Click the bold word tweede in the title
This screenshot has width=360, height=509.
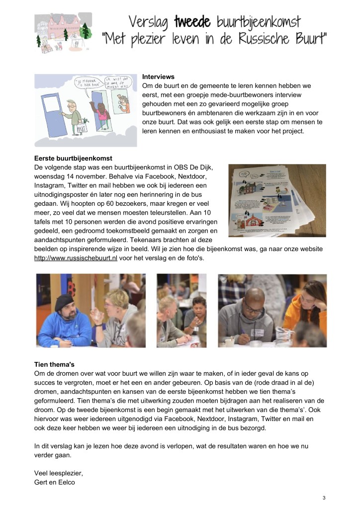192,21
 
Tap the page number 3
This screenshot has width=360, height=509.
324,498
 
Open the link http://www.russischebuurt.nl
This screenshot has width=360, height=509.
76,258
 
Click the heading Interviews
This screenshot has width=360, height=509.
158,77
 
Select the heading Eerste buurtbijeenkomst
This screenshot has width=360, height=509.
73,159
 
